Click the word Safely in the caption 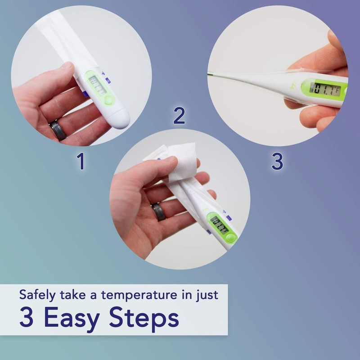(x=38, y=296)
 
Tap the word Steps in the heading (x=144, y=319)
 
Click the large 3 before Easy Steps (x=27, y=319)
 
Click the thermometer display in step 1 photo (x=98, y=85)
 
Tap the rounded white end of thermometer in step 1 (x=121, y=118)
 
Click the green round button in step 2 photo (x=231, y=239)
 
